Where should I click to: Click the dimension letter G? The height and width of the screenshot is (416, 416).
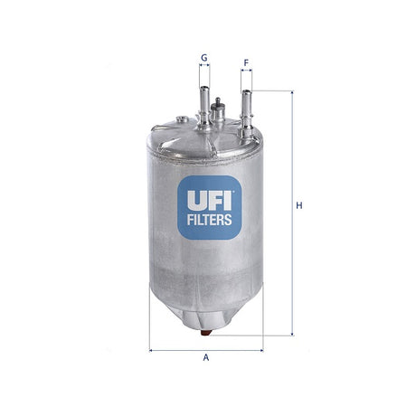(x=204, y=57)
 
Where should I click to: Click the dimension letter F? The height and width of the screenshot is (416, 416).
(x=246, y=62)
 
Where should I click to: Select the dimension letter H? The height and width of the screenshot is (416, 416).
(x=298, y=205)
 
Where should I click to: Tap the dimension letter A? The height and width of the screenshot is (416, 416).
(x=206, y=359)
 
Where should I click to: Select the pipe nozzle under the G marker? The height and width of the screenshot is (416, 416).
(x=204, y=101)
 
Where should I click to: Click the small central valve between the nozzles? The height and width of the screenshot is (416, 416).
(x=217, y=112)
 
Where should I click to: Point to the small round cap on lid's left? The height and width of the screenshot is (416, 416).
(x=182, y=119)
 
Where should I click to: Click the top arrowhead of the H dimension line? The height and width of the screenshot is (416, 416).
(x=292, y=93)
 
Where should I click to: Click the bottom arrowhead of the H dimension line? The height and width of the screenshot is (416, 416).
(x=292, y=334)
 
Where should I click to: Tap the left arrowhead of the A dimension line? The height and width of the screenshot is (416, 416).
(x=152, y=349)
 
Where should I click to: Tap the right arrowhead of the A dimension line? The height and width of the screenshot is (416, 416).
(x=260, y=349)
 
